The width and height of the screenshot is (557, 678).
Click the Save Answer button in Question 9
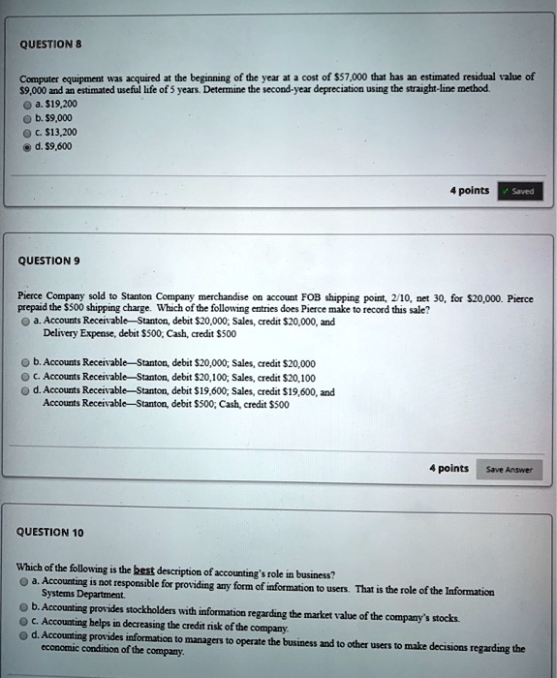click(x=513, y=470)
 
